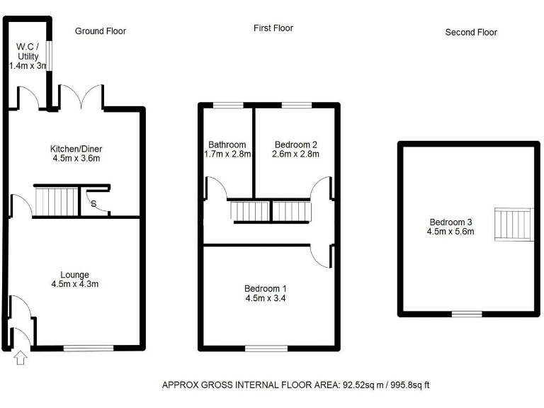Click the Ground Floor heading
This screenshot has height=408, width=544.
tap(101, 31)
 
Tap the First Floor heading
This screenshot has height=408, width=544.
tap(273, 28)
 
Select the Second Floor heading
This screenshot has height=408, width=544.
tap(471, 32)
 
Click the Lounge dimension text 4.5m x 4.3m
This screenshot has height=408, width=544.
tap(76, 285)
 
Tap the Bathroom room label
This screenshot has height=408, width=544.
tap(227, 144)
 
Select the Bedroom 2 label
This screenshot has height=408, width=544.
tap(297, 144)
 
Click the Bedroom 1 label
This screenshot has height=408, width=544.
tap(266, 288)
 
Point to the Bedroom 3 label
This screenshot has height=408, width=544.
tap(450, 222)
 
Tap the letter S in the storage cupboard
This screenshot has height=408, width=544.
tap(94, 204)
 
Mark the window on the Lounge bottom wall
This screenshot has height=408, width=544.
tap(89, 348)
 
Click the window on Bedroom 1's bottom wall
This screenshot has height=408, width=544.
tap(266, 348)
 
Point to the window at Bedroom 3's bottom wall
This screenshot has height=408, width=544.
tap(467, 313)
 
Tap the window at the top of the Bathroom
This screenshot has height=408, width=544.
tap(228, 106)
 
